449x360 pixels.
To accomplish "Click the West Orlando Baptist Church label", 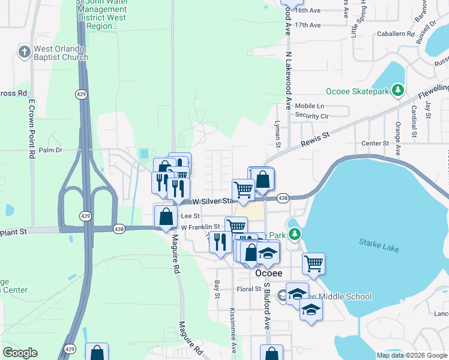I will [61, 53].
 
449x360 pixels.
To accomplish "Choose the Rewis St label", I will [316, 139].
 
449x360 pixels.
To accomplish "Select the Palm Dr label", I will [50, 150].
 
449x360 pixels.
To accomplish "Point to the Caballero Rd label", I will [396, 34].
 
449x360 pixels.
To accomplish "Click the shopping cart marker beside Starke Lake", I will [313, 263].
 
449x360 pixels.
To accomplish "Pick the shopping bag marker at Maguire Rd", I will [166, 216].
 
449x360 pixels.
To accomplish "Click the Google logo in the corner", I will [20, 353].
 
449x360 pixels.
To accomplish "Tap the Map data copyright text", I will [412, 355].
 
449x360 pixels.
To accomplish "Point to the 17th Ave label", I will [309, 25].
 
